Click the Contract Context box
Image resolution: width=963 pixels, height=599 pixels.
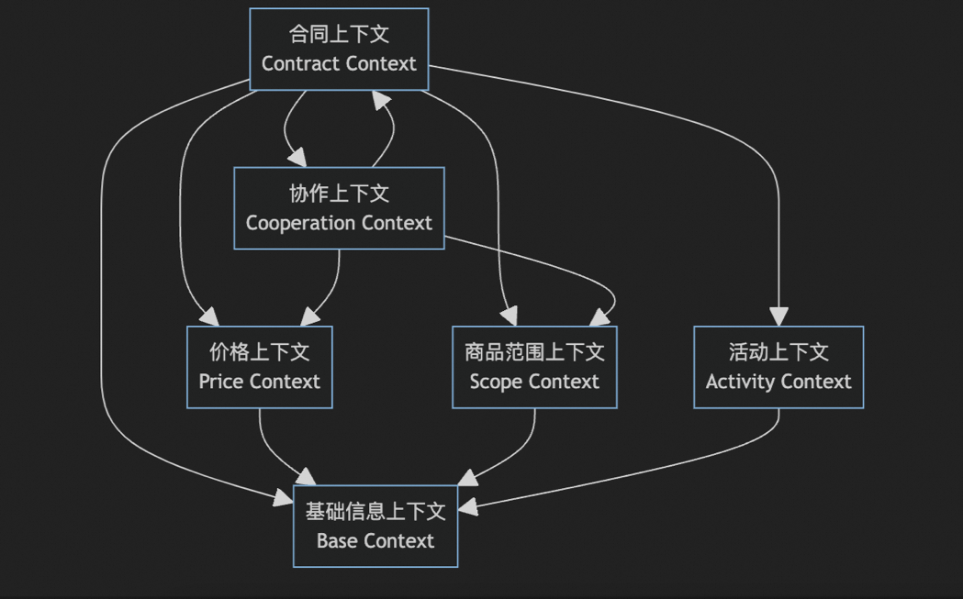[x=339, y=50]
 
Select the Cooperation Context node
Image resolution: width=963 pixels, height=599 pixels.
[x=339, y=208]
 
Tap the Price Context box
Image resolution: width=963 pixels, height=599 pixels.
[x=259, y=367]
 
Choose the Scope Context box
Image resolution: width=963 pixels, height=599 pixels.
[x=534, y=367]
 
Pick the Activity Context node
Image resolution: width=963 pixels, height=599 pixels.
[x=778, y=367]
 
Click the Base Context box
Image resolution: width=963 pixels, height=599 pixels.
[x=375, y=527]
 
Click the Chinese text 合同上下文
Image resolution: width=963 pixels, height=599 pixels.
[x=339, y=35]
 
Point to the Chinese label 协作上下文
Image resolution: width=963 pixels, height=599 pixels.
[x=339, y=194]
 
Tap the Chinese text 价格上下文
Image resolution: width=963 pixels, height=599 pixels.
[x=259, y=352]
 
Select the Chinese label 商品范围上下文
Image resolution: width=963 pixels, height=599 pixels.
[x=534, y=352]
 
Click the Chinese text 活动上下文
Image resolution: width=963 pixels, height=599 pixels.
[x=778, y=352]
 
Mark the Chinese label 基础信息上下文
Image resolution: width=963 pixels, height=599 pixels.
[x=375, y=511]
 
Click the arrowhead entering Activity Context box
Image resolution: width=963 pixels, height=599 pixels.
[x=778, y=317]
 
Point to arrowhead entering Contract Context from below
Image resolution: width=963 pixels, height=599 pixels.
[x=382, y=99]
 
